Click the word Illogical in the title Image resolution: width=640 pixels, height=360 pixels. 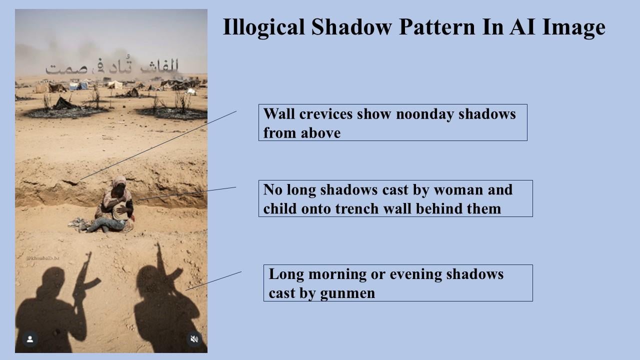click(x=263, y=27)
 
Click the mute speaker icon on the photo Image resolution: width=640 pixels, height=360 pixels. click(x=194, y=339)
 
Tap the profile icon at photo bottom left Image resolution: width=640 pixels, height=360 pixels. click(x=30, y=339)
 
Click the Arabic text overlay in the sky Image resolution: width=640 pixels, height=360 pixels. click(x=112, y=67)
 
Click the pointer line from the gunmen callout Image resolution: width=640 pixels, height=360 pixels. click(x=213, y=281)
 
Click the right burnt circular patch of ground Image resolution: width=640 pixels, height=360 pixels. click(x=172, y=112)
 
